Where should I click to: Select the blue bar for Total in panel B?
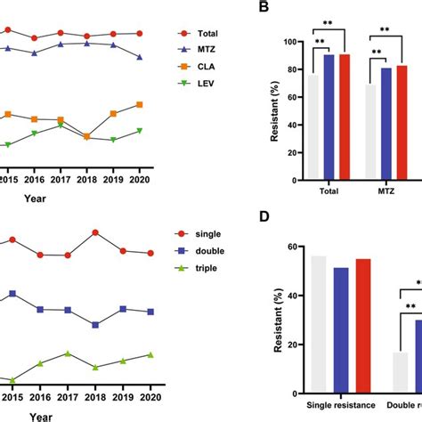(x=329, y=116)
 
